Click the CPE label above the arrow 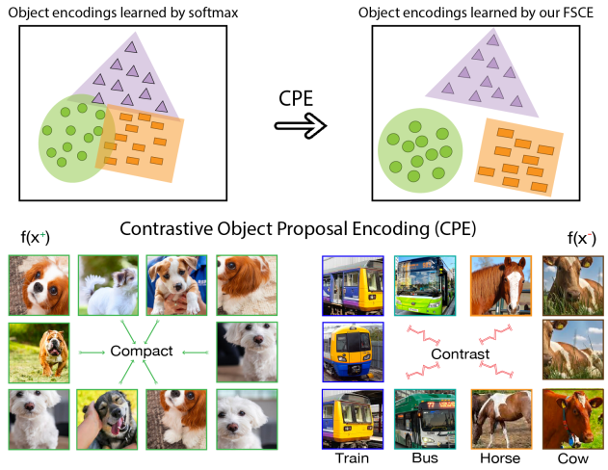click(299, 98)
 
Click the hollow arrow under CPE click(300, 126)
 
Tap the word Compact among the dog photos click(141, 352)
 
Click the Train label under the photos click(351, 458)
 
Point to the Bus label click(426, 458)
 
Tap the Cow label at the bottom click(572, 458)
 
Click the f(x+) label click(35, 238)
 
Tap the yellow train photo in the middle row click(352, 352)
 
